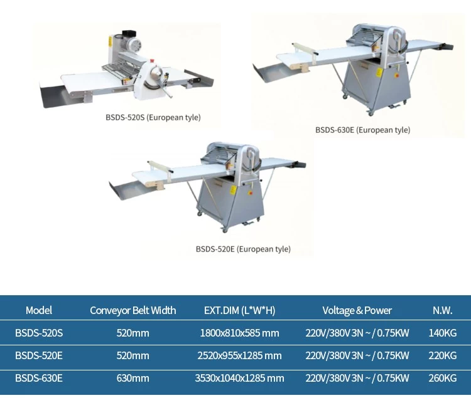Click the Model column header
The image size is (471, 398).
39,310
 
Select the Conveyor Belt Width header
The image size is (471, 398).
133,310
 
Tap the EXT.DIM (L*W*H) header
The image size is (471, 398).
239,310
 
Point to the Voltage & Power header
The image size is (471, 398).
357,310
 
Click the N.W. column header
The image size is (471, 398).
443,310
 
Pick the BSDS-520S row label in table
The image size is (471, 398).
39,333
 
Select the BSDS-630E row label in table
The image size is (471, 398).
39,378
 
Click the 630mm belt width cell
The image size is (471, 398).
133,378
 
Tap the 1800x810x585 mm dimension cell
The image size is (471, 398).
239,333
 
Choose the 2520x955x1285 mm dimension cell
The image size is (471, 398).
239,356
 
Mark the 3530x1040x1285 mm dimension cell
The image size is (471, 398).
239,378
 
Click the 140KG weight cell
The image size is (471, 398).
443,333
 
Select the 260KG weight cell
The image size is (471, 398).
443,378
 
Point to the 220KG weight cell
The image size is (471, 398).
443,356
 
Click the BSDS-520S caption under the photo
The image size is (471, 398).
153,117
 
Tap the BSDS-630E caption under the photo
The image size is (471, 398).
362,130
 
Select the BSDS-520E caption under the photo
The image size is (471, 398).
243,249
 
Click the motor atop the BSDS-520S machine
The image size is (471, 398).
131,43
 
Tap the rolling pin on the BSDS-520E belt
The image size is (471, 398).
160,167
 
